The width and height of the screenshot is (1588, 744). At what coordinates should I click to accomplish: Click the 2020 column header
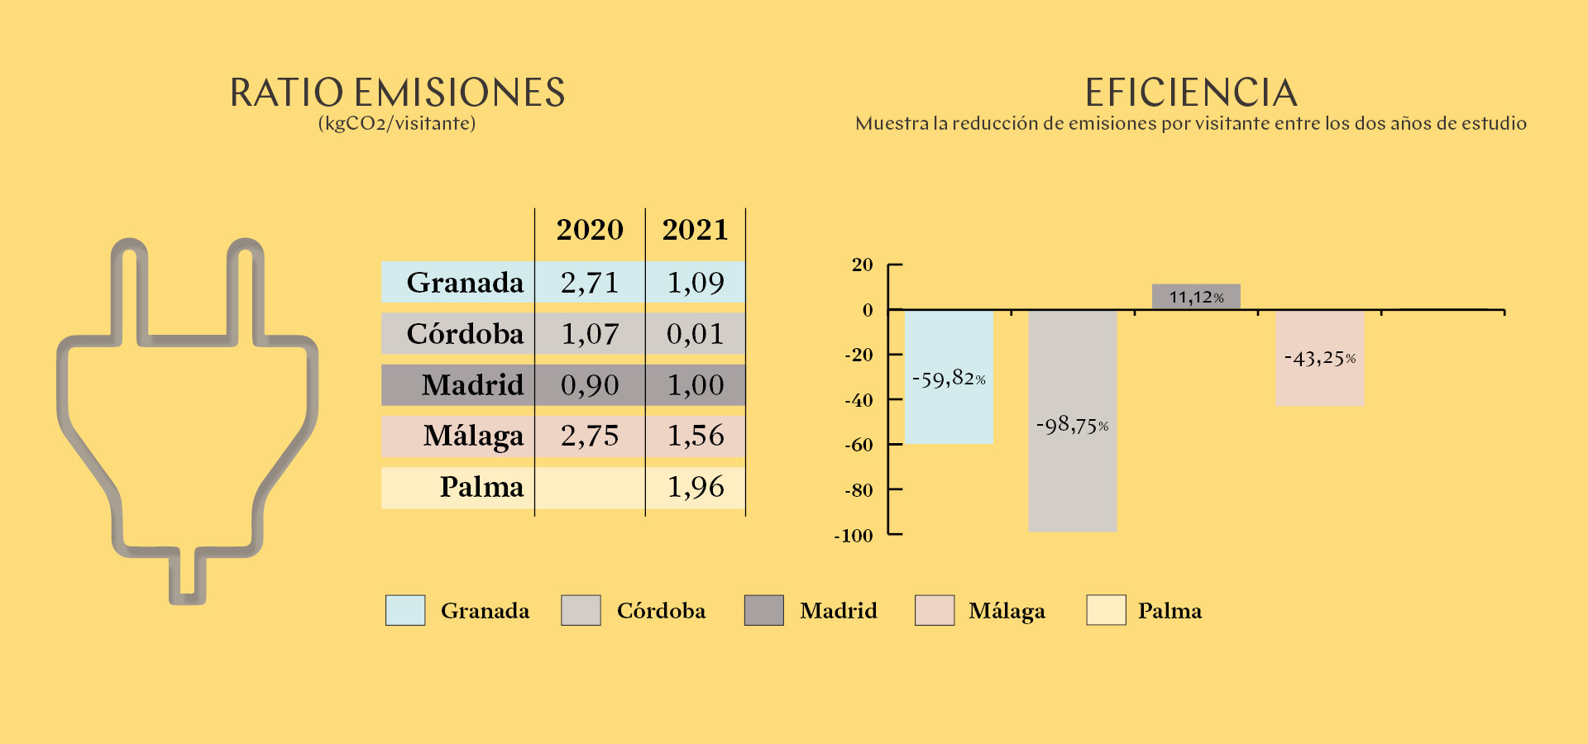pyautogui.click(x=590, y=229)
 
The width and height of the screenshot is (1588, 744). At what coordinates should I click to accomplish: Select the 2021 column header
pyautogui.click(x=695, y=229)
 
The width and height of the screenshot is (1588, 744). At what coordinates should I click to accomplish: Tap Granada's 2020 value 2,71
pyautogui.click(x=590, y=283)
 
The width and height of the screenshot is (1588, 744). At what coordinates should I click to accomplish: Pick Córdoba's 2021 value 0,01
pyautogui.click(x=696, y=334)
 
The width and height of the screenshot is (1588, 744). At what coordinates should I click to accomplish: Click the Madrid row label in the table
pyautogui.click(x=472, y=385)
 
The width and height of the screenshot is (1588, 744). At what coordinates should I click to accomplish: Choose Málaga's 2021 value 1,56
pyautogui.click(x=696, y=436)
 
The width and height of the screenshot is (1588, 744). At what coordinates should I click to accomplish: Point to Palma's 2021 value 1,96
pyautogui.click(x=696, y=487)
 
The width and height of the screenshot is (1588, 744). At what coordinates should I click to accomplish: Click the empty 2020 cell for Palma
pyautogui.click(x=590, y=488)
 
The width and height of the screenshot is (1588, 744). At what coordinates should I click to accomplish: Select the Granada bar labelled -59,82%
pyautogui.click(x=949, y=377)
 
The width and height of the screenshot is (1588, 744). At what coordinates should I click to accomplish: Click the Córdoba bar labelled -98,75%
pyautogui.click(x=1072, y=421)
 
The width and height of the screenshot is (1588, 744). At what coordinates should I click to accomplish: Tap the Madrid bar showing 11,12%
pyautogui.click(x=1196, y=297)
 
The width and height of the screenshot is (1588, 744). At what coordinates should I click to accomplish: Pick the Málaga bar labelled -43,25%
pyautogui.click(x=1320, y=358)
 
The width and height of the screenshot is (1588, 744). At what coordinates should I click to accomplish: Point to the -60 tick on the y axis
pyautogui.click(x=895, y=445)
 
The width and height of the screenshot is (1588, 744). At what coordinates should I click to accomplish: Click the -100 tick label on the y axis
pyautogui.click(x=854, y=536)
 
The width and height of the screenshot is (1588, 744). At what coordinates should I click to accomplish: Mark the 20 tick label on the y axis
pyautogui.click(x=862, y=265)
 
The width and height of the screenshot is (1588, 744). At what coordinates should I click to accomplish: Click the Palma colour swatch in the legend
pyautogui.click(x=1106, y=610)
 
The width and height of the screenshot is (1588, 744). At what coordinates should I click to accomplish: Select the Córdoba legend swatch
pyautogui.click(x=581, y=610)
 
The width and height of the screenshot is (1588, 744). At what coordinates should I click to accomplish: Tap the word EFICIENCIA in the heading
pyautogui.click(x=1191, y=93)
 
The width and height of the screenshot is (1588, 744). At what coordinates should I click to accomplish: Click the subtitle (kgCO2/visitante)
pyautogui.click(x=397, y=124)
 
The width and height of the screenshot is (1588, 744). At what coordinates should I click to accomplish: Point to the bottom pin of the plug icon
pyautogui.click(x=188, y=575)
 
